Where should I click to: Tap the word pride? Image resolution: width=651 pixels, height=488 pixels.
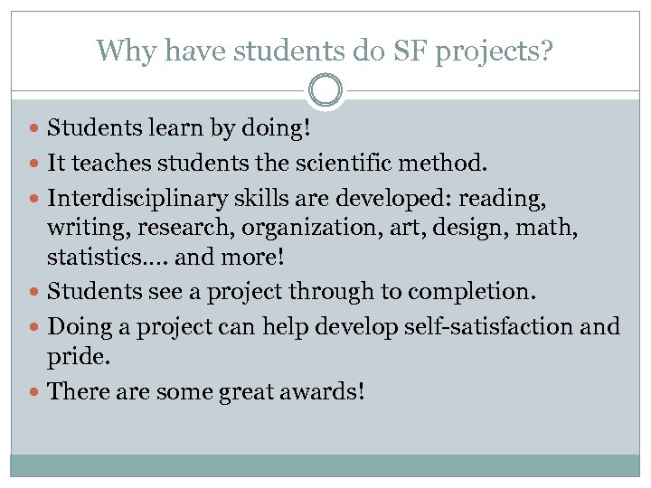[x=78, y=359]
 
